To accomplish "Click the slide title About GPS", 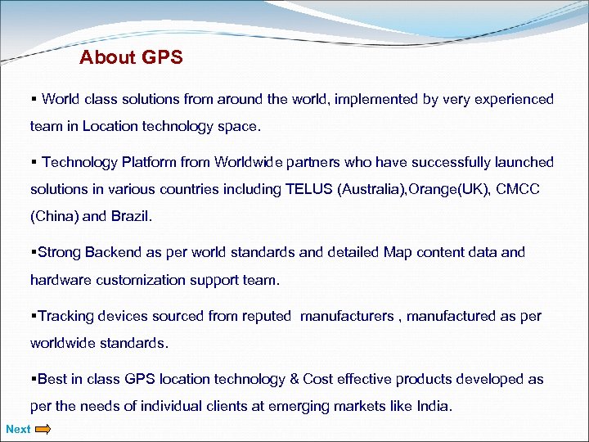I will tap(131, 58).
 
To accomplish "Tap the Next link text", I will tap(18, 429).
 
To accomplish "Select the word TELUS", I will tap(309, 189).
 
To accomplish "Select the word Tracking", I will tap(68, 316).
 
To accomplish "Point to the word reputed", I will tap(265, 316).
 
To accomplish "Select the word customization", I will tap(143, 280).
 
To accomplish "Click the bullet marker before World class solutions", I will tap(34, 99).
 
